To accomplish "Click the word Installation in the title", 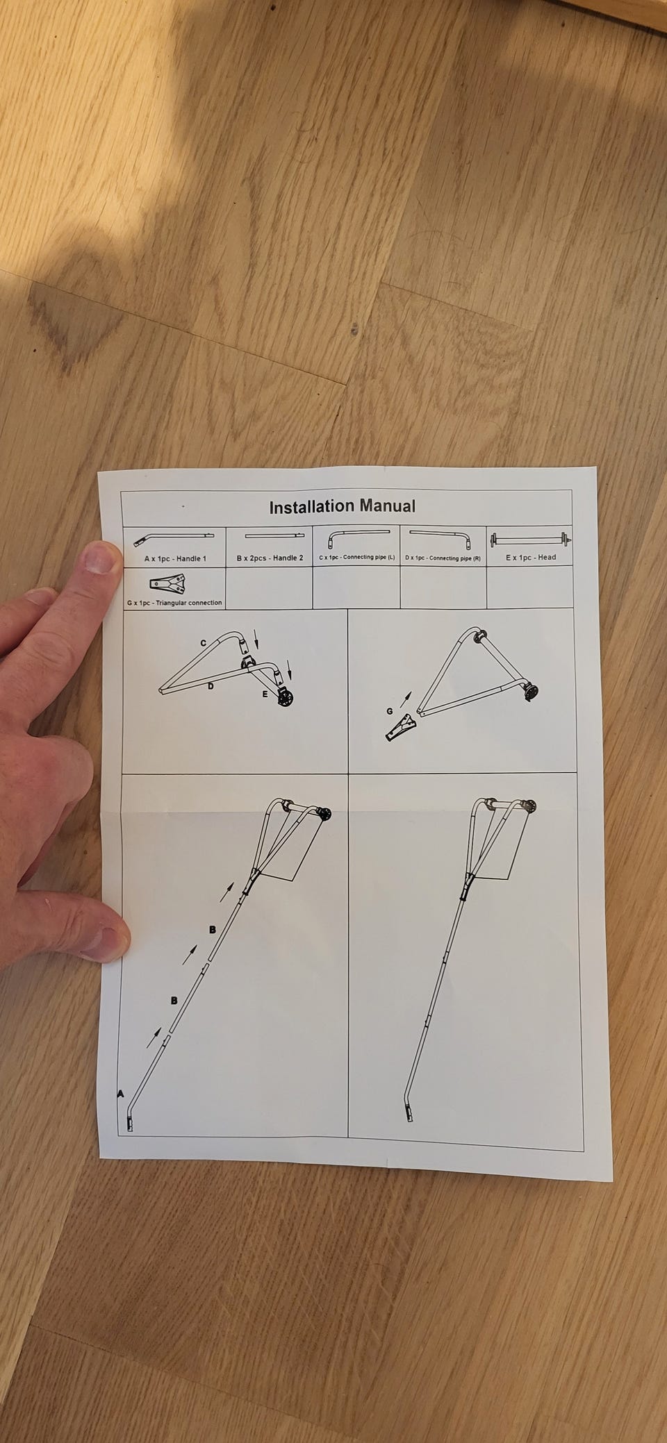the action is (311, 507).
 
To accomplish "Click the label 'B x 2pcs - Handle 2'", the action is (270, 558).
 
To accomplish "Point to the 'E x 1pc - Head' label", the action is (531, 557).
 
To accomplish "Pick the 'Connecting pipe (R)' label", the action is (456, 558).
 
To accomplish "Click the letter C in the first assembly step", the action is (204, 643).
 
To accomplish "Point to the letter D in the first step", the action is (210, 687).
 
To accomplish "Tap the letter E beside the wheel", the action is (265, 694).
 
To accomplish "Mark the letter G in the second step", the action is (390, 711).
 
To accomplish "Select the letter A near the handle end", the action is (120, 1094).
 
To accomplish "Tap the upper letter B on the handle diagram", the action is (212, 929).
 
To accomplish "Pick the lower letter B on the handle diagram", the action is (174, 1000).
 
